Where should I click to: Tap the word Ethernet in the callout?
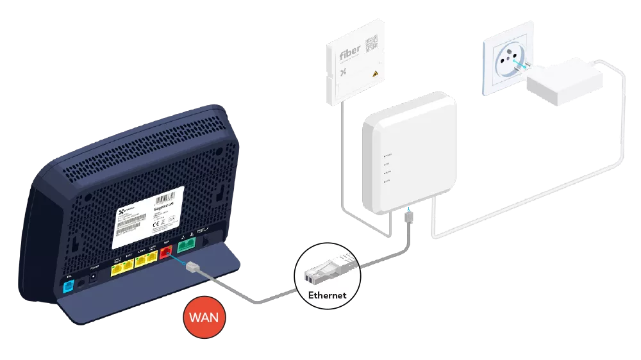tap(326, 295)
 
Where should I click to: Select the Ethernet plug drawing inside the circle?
tap(326, 270)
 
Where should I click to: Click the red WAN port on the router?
tap(167, 252)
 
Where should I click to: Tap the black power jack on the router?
tap(94, 276)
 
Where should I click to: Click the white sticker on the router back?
tap(149, 217)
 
